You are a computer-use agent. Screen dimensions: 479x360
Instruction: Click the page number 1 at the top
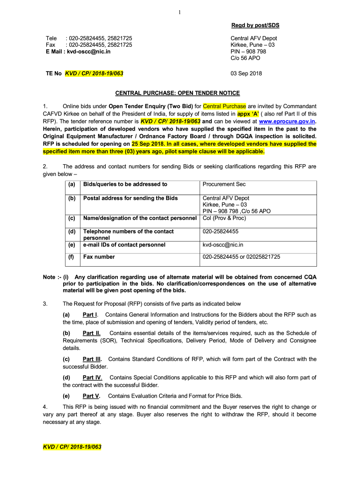click(x=180, y=13)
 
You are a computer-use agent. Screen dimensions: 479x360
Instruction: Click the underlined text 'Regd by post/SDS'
click(x=255, y=25)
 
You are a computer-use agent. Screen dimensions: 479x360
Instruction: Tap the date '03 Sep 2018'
click(x=246, y=73)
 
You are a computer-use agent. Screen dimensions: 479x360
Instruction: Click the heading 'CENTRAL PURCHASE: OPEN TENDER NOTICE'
click(x=180, y=93)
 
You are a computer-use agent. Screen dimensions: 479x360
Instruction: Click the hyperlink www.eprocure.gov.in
click(x=287, y=121)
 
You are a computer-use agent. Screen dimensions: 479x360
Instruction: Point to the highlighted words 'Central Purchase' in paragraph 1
click(x=224, y=106)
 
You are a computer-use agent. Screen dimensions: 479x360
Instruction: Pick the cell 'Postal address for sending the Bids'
click(x=130, y=198)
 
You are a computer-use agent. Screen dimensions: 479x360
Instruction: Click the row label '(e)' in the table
click(x=72, y=245)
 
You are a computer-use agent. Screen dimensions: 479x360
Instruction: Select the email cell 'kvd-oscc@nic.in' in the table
click(x=223, y=245)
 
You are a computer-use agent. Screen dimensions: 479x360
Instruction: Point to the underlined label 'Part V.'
click(x=91, y=396)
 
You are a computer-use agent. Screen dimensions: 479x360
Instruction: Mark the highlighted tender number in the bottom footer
click(x=72, y=447)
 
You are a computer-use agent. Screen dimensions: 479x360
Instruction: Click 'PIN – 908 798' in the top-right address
click(x=248, y=51)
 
